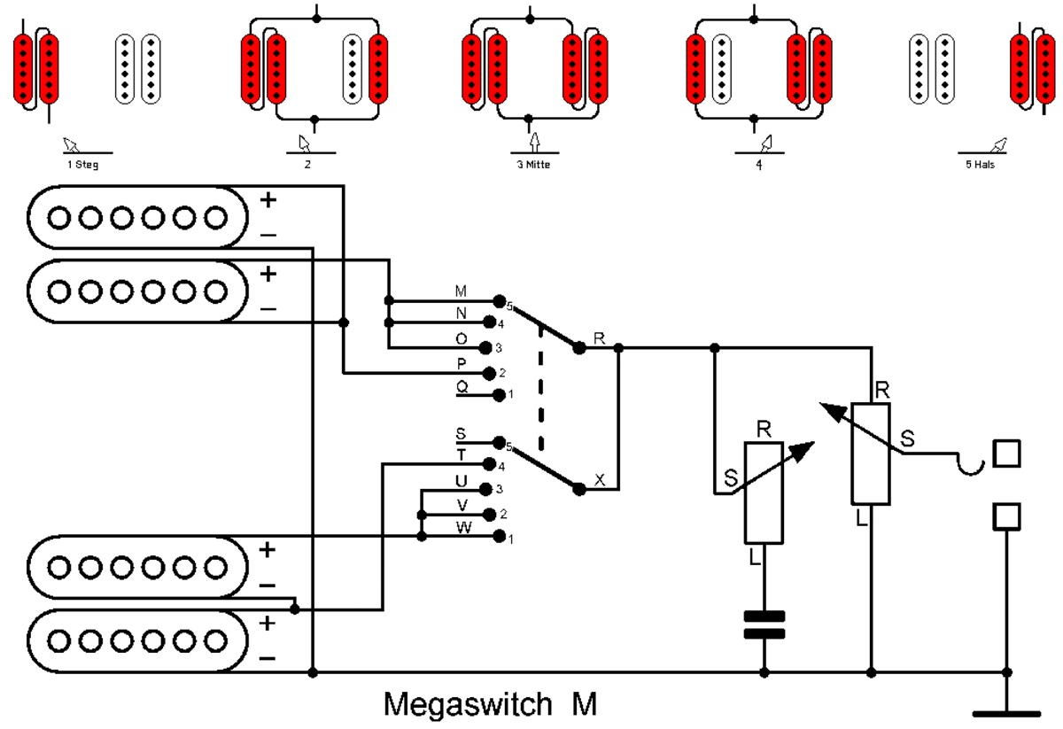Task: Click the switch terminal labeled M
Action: pyautogui.click(x=499, y=301)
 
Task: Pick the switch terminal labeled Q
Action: pyautogui.click(x=498, y=394)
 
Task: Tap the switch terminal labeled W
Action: pyautogui.click(x=498, y=537)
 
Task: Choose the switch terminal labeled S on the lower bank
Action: pyautogui.click(x=499, y=442)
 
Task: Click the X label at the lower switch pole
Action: pyautogui.click(x=600, y=480)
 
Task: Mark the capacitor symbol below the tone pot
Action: pyautogui.click(x=764, y=624)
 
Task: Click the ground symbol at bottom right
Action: pyautogui.click(x=1006, y=711)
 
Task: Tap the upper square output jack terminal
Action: pyautogui.click(x=1006, y=454)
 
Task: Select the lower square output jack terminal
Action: pyautogui.click(x=1006, y=516)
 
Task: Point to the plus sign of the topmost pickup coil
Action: pyautogui.click(x=268, y=201)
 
